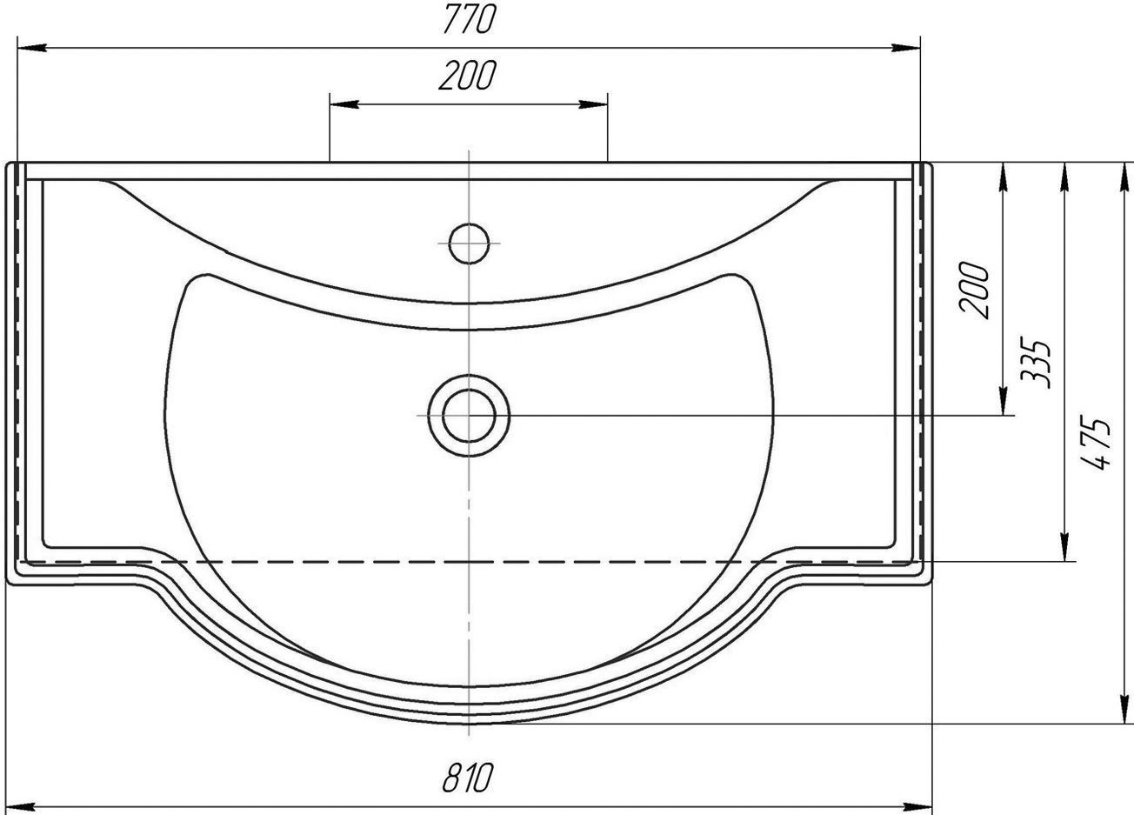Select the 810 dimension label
(x=467, y=777)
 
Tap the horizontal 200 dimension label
(x=467, y=76)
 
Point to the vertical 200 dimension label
(x=973, y=291)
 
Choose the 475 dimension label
(x=1096, y=443)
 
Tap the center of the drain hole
(x=469, y=415)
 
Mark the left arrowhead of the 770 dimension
(x=32, y=48)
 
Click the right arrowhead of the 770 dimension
(x=905, y=48)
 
